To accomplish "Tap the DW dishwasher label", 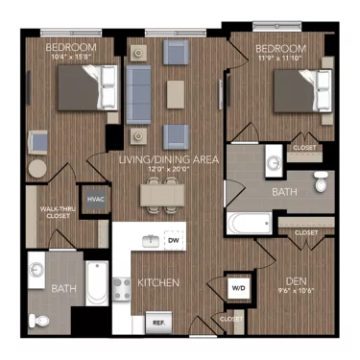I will [x=173, y=241].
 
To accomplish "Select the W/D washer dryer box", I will [x=237, y=287].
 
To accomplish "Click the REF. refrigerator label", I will [x=158, y=324].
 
